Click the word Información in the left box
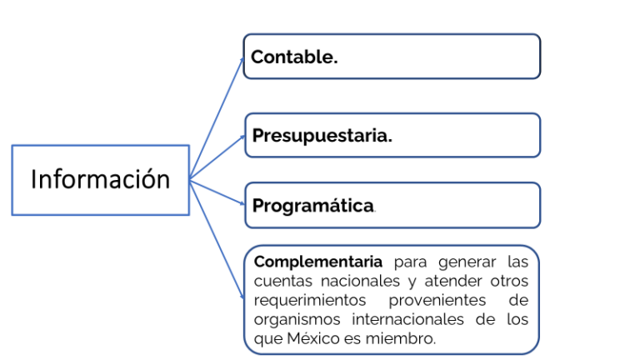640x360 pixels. tap(100, 179)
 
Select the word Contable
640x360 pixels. tap(294, 57)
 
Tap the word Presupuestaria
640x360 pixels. tap(322, 136)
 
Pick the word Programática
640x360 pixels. tap(313, 206)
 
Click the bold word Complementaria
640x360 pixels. tap(318, 262)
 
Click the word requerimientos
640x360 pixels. tap(310, 300)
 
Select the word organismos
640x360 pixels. tap(297, 320)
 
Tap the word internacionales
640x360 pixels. tap(407, 319)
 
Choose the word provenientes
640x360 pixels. tap(437, 300)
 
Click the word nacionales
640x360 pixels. tap(360, 281)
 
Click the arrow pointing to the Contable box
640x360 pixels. tap(217, 118)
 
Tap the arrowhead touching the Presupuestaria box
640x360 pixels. tap(242, 137)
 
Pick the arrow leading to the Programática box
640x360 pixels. tap(217, 192)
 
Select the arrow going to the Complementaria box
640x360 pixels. tap(217, 239)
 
